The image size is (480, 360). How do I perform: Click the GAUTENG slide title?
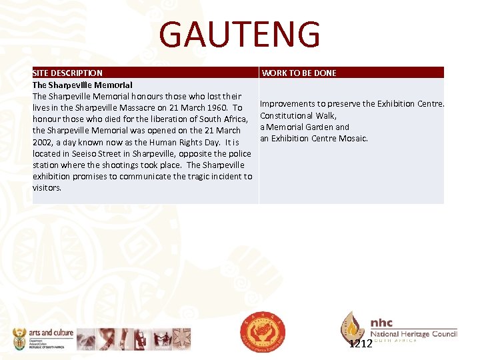240,35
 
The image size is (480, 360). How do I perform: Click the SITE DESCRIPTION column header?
67,73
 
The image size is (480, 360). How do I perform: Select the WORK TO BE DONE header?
299,73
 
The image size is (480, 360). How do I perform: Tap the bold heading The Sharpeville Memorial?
83,85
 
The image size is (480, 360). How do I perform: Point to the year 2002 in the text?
43,142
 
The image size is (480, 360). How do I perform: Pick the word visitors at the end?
47,187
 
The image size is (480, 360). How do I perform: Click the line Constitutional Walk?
298,115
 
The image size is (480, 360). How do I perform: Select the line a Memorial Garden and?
305,127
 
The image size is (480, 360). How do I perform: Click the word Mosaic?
354,138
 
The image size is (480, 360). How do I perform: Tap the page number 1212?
361,344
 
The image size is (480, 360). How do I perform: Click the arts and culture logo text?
51,332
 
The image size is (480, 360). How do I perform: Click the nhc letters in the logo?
382,323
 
